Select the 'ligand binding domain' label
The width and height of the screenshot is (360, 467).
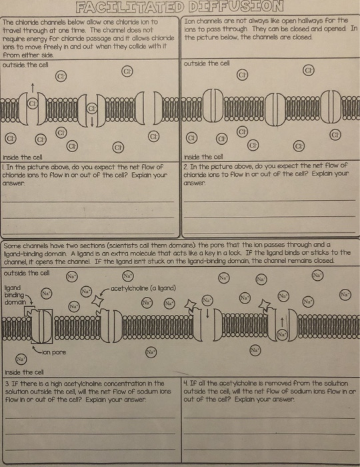click(14, 292)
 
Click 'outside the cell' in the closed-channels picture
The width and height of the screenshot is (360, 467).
click(204, 64)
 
